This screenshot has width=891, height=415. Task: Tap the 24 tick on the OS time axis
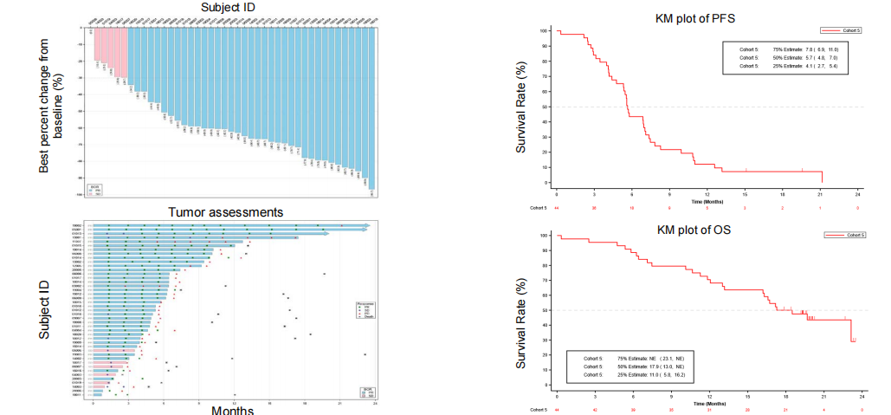[x=858, y=396]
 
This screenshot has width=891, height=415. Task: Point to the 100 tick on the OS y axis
[x=545, y=236]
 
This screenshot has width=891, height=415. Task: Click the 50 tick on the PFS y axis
[x=546, y=107]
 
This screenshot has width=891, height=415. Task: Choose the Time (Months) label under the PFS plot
[x=707, y=200]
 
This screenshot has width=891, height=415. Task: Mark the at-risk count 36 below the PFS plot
[x=594, y=208]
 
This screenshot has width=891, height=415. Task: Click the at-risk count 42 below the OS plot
[x=594, y=409]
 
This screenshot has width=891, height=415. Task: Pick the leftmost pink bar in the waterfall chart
[x=98, y=44]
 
